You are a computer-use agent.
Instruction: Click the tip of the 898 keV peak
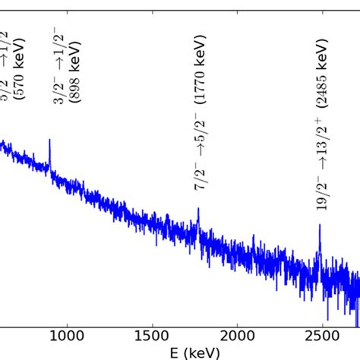click(50, 140)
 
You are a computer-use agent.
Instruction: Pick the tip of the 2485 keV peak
click(320, 225)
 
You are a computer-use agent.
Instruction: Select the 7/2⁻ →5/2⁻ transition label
click(199, 148)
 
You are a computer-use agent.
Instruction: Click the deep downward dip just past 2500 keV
click(327, 320)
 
